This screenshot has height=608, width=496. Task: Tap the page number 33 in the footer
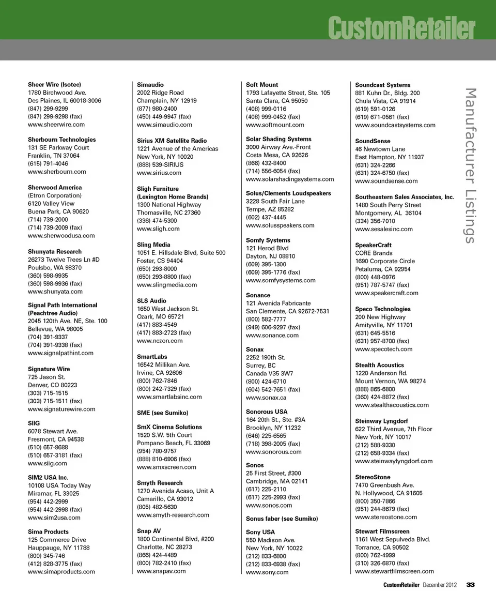pyautogui.click(x=470, y=585)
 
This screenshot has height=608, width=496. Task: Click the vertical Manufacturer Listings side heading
pyautogui.click(x=470, y=165)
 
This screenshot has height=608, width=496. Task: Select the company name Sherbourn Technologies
pyautogui.click(x=61, y=140)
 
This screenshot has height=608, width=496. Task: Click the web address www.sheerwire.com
pyautogui.click(x=56, y=125)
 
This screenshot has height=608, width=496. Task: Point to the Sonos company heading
pyautogui.click(x=255, y=465)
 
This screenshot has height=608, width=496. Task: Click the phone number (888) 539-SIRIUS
pyautogui.click(x=160, y=165)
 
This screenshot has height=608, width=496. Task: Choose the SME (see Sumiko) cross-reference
pyautogui.click(x=162, y=413)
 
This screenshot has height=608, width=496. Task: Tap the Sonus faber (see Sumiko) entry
pyautogui.click(x=282, y=519)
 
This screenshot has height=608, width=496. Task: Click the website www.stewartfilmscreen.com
pyautogui.click(x=394, y=571)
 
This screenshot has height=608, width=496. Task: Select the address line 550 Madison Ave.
pyautogui.click(x=271, y=540)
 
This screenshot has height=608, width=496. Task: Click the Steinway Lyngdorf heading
pyautogui.click(x=381, y=421)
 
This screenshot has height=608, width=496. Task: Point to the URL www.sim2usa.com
pyautogui.click(x=54, y=518)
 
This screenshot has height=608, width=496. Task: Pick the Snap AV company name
pyautogui.click(x=149, y=531)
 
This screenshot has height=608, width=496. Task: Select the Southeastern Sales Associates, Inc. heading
pyautogui.click(x=405, y=197)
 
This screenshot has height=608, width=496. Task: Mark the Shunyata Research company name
pyautogui.click(x=55, y=252)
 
